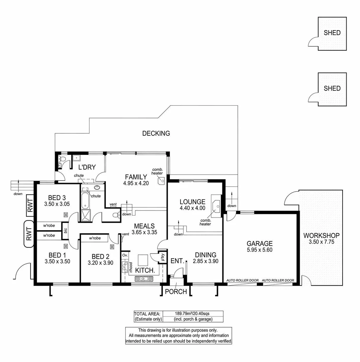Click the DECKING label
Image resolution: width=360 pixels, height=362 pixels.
pyautogui.click(x=156, y=133)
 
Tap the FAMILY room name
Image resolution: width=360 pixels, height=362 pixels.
pyautogui.click(x=136, y=177)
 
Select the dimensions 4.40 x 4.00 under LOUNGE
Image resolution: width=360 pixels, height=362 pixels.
pyautogui.click(x=192, y=208)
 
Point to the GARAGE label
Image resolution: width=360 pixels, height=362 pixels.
pyautogui.click(x=260, y=244)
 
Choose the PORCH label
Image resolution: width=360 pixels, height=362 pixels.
pyautogui.click(x=176, y=292)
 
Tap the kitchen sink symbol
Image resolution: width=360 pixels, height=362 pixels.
pyautogui.click(x=143, y=278)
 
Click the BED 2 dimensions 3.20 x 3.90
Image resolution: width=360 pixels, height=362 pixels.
pyautogui.click(x=100, y=263)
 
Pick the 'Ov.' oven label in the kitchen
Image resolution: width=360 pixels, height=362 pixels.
pyautogui.click(x=125, y=255)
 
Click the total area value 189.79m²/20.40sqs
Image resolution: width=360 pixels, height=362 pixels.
pyautogui.click(x=192, y=313)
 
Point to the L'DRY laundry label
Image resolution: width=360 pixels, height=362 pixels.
pyautogui.click(x=87, y=167)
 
